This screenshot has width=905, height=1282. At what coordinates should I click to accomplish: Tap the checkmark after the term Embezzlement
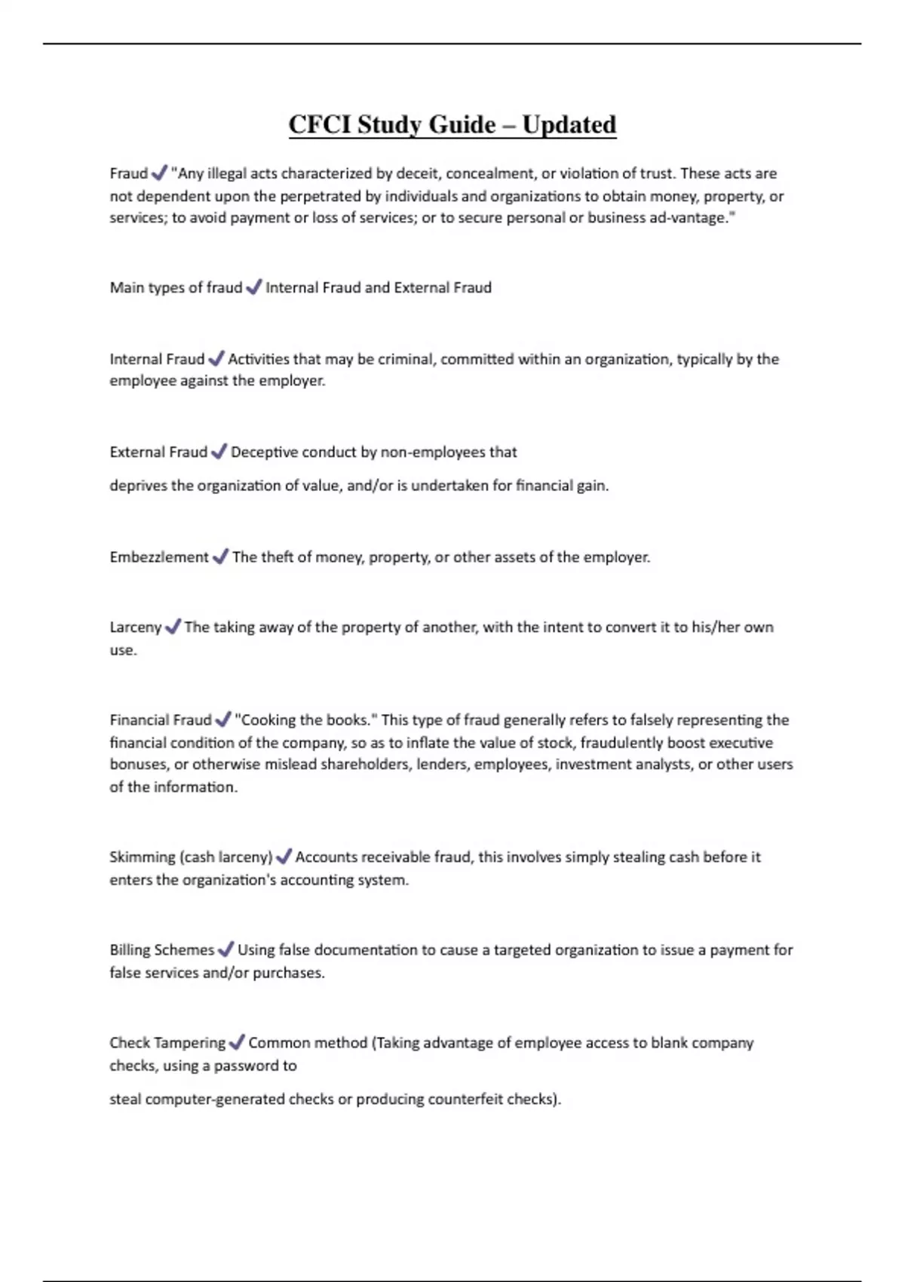(220, 557)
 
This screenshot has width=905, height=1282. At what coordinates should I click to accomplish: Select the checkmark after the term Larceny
(173, 627)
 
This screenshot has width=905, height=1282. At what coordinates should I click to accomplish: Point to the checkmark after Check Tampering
(237, 1042)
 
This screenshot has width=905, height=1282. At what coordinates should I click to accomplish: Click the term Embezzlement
(158, 557)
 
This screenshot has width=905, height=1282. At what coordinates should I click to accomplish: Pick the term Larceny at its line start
(135, 627)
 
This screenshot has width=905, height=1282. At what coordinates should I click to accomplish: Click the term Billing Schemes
(161, 950)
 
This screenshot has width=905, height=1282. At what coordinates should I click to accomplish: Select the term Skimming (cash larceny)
(190, 857)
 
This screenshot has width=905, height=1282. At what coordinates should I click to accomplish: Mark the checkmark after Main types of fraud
(254, 287)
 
